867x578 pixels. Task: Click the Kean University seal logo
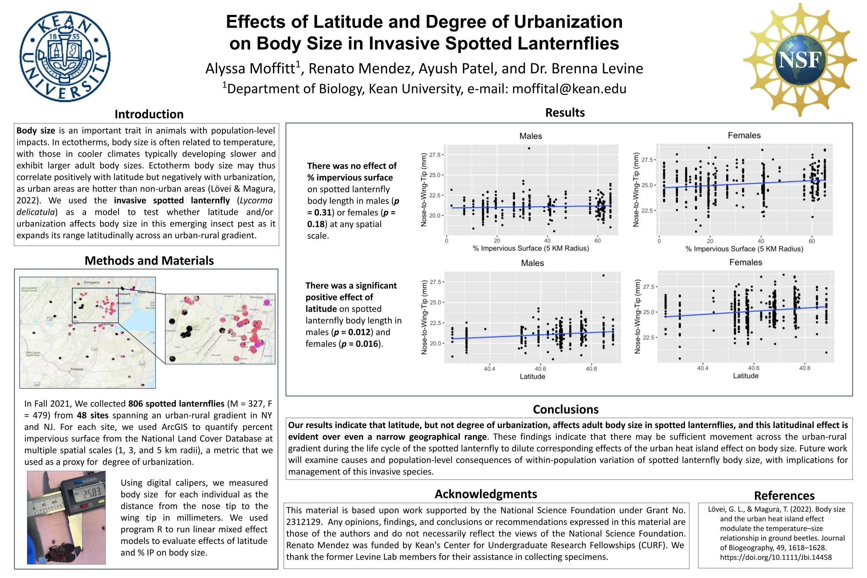(65, 57)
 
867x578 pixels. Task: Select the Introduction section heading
(149, 114)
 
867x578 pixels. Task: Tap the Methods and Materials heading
(149, 261)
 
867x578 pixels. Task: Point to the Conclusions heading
(566, 409)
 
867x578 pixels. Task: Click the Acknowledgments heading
(486, 494)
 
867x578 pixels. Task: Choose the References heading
(784, 495)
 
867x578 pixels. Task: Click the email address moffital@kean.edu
(569, 89)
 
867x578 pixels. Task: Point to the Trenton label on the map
(77, 369)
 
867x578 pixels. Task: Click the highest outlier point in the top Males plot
(529, 148)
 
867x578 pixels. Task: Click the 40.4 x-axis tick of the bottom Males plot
(489, 368)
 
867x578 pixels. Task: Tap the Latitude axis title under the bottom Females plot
(745, 376)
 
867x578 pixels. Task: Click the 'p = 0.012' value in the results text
(352, 332)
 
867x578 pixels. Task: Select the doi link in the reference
(776, 557)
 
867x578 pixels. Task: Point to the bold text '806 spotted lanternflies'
(176, 403)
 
